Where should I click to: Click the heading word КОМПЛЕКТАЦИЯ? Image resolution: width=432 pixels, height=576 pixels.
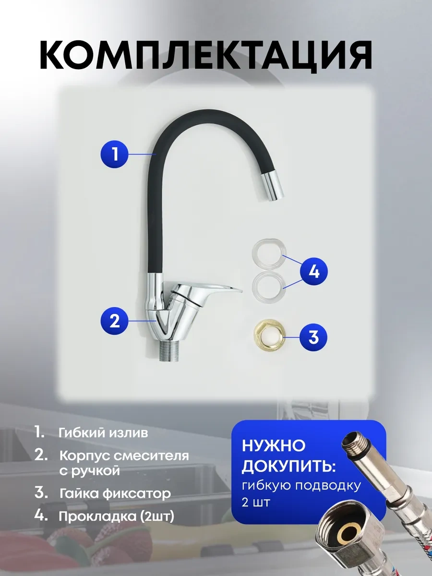(206, 57)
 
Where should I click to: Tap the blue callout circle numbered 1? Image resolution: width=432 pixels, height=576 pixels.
(115, 154)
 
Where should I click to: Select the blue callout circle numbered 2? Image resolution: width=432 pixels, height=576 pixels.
(115, 320)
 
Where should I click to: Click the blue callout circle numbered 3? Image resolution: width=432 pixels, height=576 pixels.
(313, 337)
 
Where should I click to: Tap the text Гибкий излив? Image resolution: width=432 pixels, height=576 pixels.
(103, 432)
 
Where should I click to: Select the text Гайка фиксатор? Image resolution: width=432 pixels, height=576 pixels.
(115, 493)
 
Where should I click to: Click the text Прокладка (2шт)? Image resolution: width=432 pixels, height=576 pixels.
(116, 517)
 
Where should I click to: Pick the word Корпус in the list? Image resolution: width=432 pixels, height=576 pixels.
(83, 455)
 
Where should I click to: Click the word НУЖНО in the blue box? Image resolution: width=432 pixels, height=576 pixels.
(273, 446)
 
